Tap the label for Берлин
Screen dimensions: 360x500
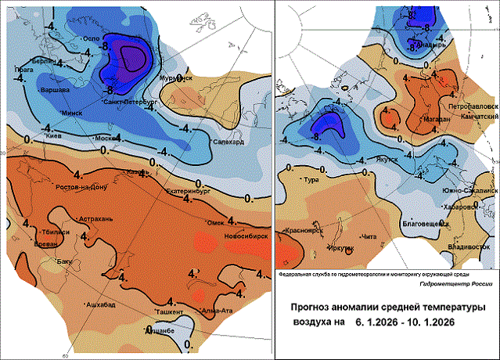coord(32,61)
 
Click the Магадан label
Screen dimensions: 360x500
coord(434,120)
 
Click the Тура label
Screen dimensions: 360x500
coord(311,181)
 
